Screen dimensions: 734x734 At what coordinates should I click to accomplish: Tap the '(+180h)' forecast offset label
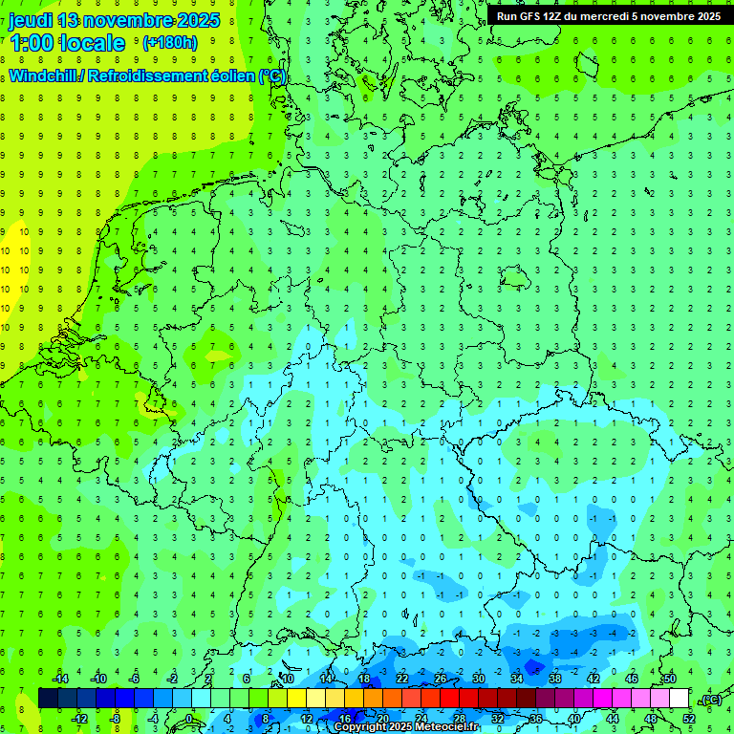click(170, 42)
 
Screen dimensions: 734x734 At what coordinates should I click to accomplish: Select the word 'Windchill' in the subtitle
click(44, 76)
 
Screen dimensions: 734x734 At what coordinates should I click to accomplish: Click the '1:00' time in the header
click(32, 43)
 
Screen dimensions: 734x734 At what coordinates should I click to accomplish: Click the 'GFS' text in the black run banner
click(530, 16)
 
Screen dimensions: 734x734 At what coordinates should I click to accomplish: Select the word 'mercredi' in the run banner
click(599, 16)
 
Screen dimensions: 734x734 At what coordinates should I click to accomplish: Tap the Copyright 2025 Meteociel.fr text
click(407, 727)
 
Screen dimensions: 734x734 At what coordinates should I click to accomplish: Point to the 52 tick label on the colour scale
click(689, 718)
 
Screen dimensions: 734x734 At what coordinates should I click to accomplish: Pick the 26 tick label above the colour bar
click(441, 679)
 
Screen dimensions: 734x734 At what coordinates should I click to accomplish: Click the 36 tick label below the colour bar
click(536, 718)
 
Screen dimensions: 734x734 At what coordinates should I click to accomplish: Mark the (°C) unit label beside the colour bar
click(710, 700)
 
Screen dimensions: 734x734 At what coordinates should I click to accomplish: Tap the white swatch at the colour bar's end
click(680, 699)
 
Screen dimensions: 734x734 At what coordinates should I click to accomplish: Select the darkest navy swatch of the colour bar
click(48, 699)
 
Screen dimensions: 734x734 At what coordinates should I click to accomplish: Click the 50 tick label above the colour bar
click(670, 679)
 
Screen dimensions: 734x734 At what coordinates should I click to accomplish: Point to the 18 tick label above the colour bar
click(364, 679)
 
